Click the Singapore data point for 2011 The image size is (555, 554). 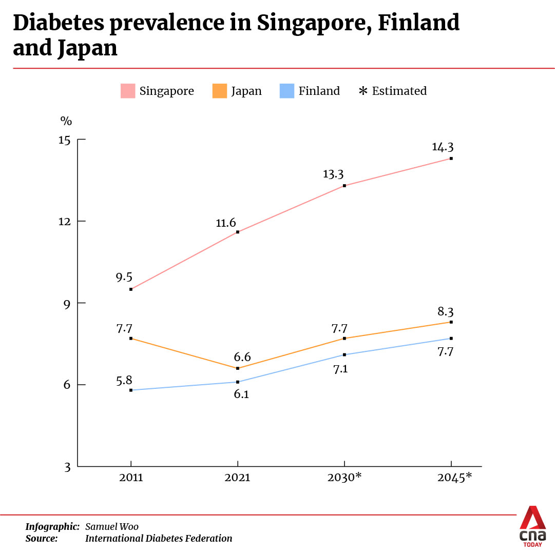pyautogui.click(x=131, y=289)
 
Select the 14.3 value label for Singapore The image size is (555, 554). pyautogui.click(x=443, y=147)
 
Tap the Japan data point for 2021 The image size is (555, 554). pyautogui.click(x=237, y=368)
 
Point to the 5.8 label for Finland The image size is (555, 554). pyautogui.click(x=124, y=380)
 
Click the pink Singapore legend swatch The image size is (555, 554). pyautogui.click(x=128, y=91)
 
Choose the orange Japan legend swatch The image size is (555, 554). pyautogui.click(x=219, y=91)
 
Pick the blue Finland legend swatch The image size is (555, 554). pyautogui.click(x=286, y=91)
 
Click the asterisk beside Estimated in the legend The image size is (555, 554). pyautogui.click(x=363, y=91)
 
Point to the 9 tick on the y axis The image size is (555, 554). pyautogui.click(x=67, y=303)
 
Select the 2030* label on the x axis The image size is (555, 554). pyautogui.click(x=345, y=478)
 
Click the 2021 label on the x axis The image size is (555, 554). pyautogui.click(x=237, y=478)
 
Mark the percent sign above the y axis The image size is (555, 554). pyautogui.click(x=66, y=121)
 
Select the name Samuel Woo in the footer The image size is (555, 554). pyautogui.click(x=112, y=527)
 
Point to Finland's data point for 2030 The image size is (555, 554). pyautogui.click(x=345, y=355)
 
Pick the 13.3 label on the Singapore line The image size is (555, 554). pyautogui.click(x=333, y=174)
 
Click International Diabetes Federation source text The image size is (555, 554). pyautogui.click(x=159, y=539)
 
